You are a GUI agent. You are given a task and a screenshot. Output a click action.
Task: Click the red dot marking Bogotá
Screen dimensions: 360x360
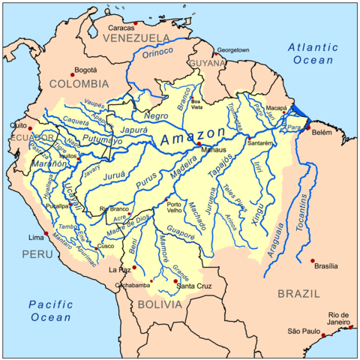tap(72, 72)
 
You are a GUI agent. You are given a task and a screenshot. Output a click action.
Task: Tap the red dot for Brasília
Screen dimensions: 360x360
tap(312, 260)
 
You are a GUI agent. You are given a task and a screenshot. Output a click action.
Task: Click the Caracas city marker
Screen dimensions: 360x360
tap(135, 22)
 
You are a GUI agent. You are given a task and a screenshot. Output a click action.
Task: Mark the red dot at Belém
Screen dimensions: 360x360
tap(307, 127)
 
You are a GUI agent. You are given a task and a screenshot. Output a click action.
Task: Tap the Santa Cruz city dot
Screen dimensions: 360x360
tap(175, 280)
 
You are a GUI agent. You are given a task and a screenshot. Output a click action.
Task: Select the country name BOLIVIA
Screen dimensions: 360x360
tap(159, 304)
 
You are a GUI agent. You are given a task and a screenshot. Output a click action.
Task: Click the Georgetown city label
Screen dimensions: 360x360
tap(233, 49)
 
